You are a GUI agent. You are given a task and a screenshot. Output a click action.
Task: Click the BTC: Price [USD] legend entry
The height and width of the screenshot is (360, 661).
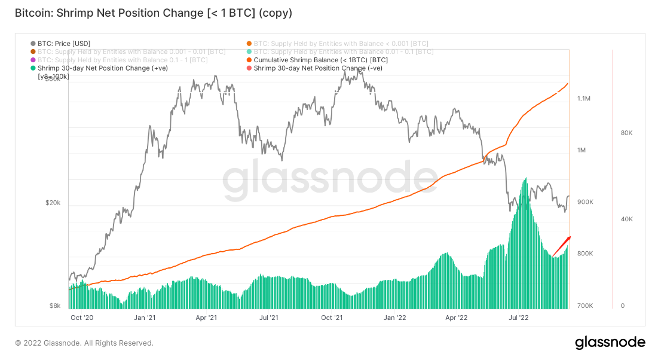[63, 44]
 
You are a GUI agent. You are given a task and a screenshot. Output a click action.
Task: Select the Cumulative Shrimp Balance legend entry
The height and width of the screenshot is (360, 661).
[320, 60]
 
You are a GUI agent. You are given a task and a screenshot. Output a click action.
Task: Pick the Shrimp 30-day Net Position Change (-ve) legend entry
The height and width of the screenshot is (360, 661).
[317, 68]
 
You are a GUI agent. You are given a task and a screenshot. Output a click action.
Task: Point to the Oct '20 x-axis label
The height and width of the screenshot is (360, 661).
[82, 318]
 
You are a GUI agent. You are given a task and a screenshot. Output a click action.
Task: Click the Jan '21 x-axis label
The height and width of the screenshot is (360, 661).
[145, 318]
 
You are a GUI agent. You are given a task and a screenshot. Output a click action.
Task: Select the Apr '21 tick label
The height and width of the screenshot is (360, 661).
[206, 318]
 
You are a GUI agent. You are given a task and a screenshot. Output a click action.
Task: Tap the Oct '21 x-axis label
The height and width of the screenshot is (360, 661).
[332, 318]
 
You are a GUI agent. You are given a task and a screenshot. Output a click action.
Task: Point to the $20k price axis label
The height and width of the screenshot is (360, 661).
[53, 203]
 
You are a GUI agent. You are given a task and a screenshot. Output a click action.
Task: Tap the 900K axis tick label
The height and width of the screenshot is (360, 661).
[585, 202]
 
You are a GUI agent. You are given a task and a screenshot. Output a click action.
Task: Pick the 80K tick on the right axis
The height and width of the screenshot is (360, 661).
[627, 133]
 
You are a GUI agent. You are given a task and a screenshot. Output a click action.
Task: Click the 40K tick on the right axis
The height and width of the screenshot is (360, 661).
[627, 219]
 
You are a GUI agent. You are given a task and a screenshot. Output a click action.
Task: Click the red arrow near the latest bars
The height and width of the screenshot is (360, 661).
[562, 246]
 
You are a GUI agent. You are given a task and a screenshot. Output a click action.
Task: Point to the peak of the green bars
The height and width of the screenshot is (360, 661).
[525, 178]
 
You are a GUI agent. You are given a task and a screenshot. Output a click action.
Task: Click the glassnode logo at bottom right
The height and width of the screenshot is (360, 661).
[610, 343]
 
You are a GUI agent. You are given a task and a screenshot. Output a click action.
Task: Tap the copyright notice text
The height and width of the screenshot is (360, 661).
[84, 343]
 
